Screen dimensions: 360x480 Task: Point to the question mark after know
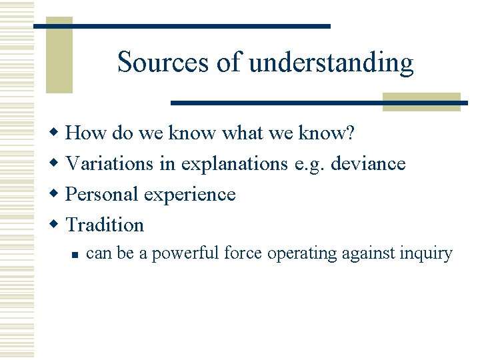pyautogui.click(x=350, y=133)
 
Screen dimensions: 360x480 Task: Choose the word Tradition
pyautogui.click(x=105, y=225)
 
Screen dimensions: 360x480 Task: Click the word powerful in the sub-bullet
pyautogui.click(x=180, y=254)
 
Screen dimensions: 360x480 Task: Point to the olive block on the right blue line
pyautogui.click(x=421, y=102)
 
